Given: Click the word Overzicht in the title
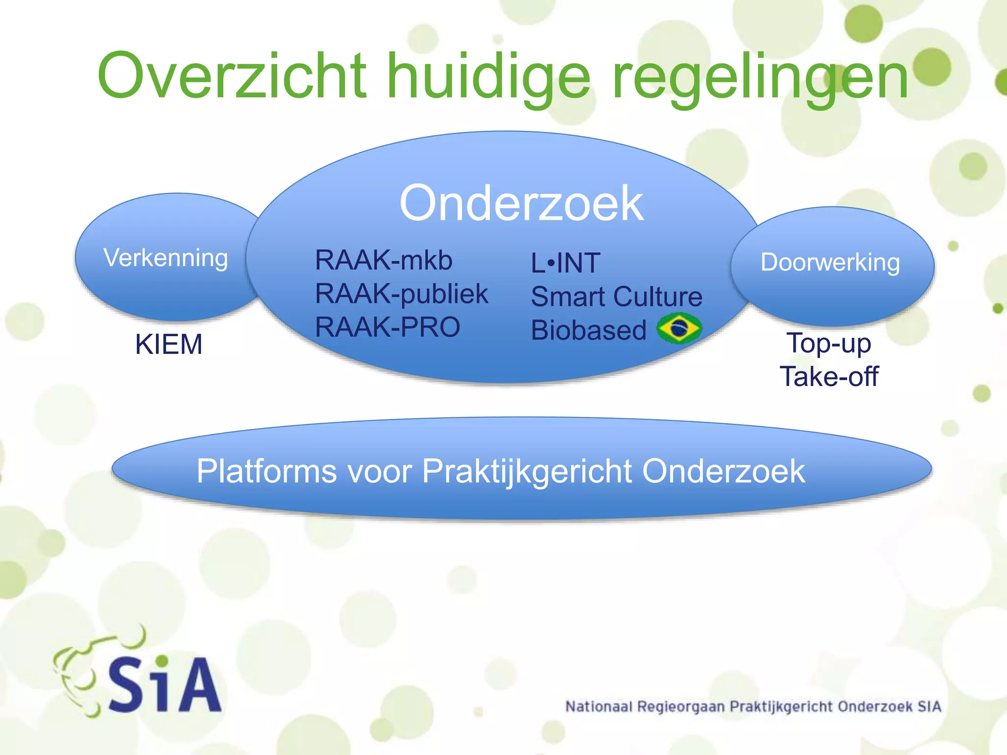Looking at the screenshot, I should pyautogui.click(x=231, y=76).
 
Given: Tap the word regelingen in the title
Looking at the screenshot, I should pyautogui.click(x=760, y=79).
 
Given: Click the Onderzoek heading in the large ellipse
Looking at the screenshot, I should pyautogui.click(x=521, y=203).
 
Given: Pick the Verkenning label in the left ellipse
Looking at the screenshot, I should pyautogui.click(x=166, y=258).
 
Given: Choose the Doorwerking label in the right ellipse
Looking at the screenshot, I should pyautogui.click(x=830, y=262).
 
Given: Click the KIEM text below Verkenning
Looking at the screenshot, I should pyautogui.click(x=169, y=344).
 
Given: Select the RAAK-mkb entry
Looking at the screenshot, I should pyautogui.click(x=384, y=260).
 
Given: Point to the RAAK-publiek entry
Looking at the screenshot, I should pyautogui.click(x=401, y=294).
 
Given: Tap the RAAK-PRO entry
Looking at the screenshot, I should pyautogui.click(x=387, y=327).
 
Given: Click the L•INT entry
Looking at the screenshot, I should pyautogui.click(x=565, y=263).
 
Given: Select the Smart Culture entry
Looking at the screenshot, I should pyautogui.click(x=617, y=297).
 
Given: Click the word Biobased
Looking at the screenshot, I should pyautogui.click(x=589, y=330).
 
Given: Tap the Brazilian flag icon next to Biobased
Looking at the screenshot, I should pyautogui.click(x=680, y=328).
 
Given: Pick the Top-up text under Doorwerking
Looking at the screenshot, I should pyautogui.click(x=829, y=344).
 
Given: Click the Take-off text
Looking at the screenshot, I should pyautogui.click(x=829, y=377).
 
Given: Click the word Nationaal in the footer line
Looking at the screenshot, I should pyautogui.click(x=598, y=707).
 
